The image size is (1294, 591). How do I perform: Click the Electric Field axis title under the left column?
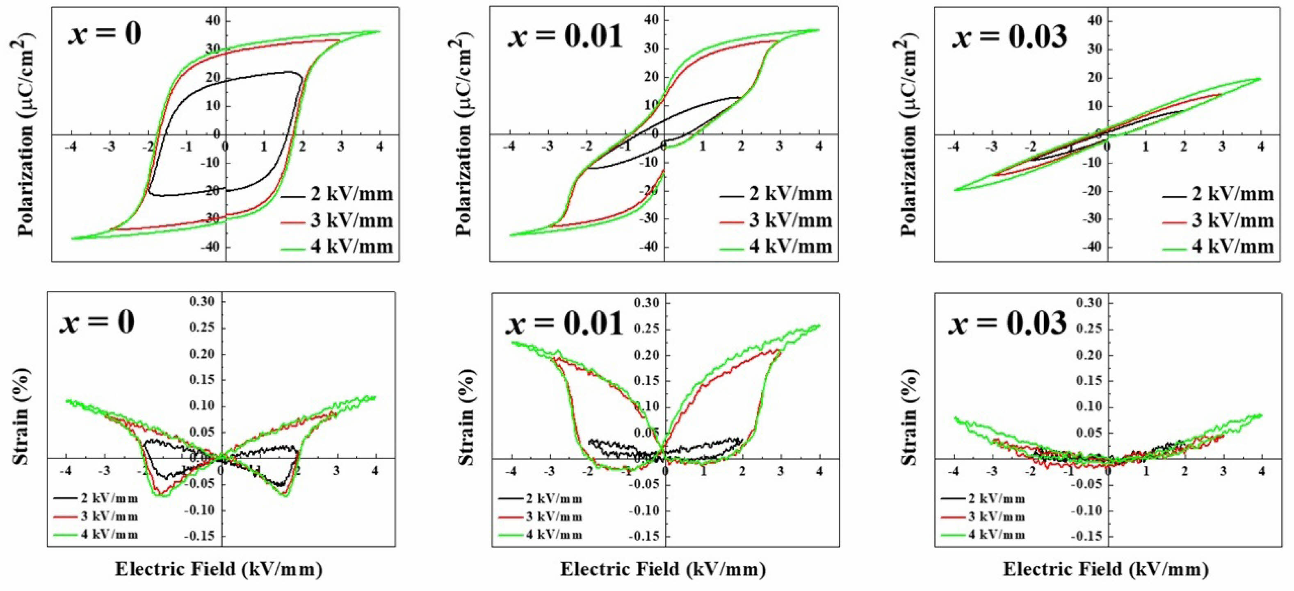[x=219, y=569]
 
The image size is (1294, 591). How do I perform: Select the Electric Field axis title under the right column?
[x=1106, y=569]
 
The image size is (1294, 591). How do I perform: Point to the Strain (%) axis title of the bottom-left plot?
[x=21, y=417]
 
